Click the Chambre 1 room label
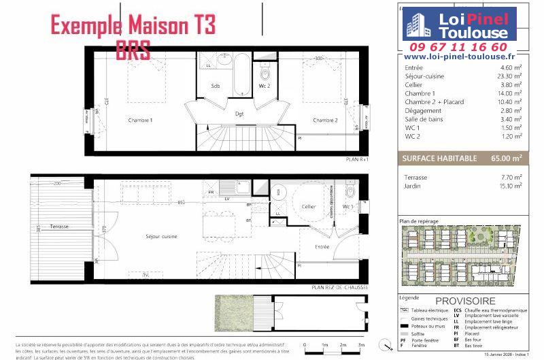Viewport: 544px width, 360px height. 141,120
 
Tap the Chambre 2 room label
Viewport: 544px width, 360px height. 325,120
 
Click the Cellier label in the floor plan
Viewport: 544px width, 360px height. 309,206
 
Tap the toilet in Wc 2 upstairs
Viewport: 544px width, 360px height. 265,73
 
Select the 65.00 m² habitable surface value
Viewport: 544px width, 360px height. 507,158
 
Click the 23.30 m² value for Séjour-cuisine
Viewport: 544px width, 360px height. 509,76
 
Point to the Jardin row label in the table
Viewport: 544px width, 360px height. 412,185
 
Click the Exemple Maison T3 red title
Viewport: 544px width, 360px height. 133,26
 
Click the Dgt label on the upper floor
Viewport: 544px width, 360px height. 239,114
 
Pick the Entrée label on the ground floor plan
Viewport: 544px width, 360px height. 322,247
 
